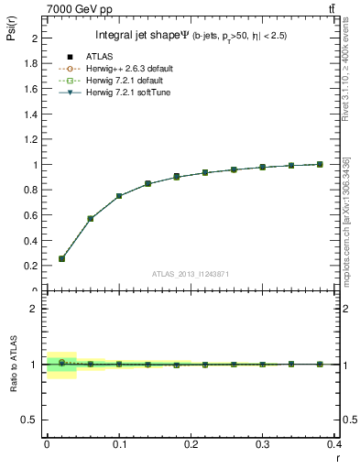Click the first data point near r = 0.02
pos(61,258)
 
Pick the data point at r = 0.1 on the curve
pos(119,196)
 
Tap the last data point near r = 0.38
pos(320,164)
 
